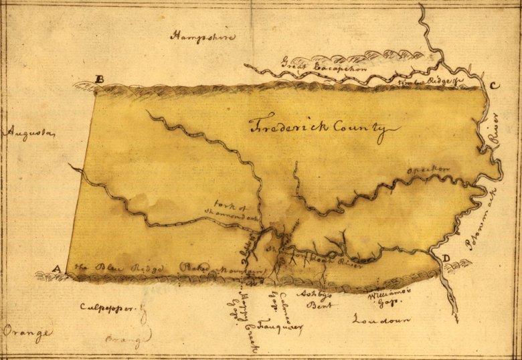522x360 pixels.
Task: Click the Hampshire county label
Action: click(x=203, y=36)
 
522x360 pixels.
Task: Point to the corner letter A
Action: click(x=57, y=270)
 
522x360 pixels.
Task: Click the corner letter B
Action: click(x=100, y=80)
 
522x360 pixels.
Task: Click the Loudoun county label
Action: click(x=381, y=319)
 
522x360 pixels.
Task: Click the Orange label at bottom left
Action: click(x=27, y=331)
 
